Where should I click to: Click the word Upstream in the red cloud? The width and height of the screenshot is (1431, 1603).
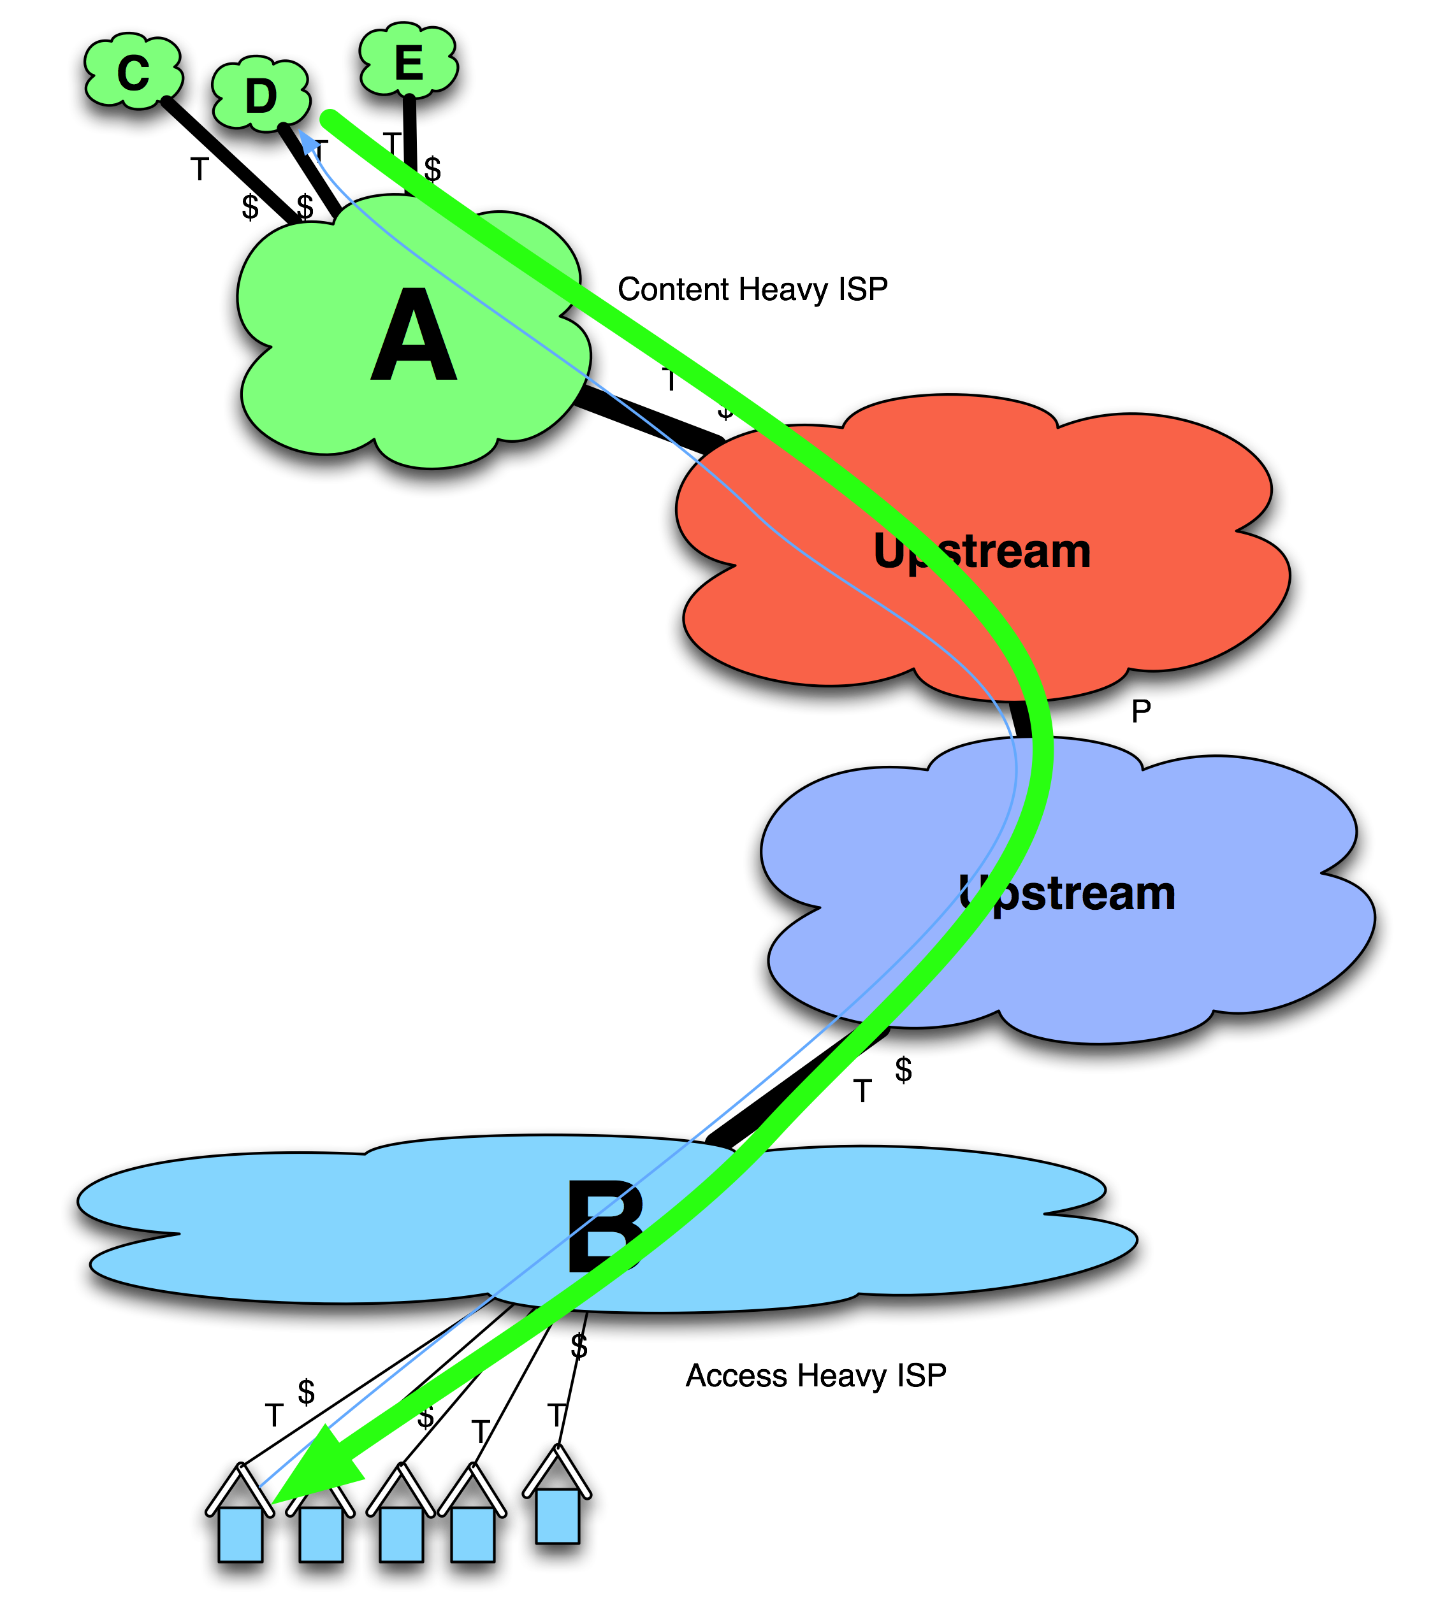pos(981,552)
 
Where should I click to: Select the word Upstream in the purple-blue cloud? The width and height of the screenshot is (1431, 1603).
pos(1067,893)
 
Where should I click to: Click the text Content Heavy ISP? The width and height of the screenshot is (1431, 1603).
pos(752,289)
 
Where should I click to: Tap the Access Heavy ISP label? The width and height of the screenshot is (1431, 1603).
pos(815,1375)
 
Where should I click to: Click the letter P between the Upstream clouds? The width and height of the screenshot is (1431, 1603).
pos(1140,712)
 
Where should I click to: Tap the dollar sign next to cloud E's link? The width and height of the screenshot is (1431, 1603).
pos(432,168)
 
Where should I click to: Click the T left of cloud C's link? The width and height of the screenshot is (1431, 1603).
pos(200,168)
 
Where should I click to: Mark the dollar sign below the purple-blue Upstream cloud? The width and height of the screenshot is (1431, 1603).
pos(903,1070)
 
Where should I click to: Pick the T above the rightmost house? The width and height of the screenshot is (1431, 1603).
pos(556,1415)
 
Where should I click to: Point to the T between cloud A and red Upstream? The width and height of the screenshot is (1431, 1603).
pos(670,380)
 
